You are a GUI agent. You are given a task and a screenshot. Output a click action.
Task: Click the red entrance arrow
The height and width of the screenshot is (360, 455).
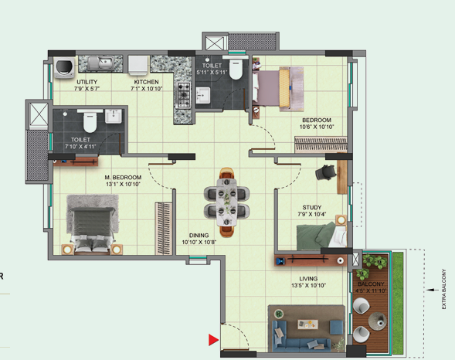[212, 340]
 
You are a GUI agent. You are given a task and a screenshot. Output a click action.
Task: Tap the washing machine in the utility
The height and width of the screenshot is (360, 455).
[64, 68]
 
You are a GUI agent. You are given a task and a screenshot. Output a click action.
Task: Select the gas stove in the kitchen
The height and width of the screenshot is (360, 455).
[184, 94]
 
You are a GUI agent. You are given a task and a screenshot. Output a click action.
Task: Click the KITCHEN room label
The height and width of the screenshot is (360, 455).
[146, 82]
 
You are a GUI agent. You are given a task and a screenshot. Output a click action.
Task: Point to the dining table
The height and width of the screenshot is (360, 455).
[226, 202]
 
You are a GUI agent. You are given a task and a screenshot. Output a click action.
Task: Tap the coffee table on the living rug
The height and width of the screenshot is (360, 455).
[307, 324]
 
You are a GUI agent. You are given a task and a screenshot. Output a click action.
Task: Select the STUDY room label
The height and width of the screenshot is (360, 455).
[312, 207]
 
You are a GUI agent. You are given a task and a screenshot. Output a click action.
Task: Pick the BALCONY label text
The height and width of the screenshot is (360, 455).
[371, 284]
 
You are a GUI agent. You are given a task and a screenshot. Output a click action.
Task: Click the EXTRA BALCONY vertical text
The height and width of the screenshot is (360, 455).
[443, 289]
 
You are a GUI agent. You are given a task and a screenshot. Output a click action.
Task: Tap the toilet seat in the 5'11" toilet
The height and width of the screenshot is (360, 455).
[236, 70]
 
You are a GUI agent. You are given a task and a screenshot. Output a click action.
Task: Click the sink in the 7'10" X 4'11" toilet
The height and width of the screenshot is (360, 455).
[113, 116]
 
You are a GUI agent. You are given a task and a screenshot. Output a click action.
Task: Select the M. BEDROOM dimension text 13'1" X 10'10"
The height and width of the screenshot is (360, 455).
[123, 184]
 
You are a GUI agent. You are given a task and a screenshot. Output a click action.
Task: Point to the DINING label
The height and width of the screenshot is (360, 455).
[199, 236]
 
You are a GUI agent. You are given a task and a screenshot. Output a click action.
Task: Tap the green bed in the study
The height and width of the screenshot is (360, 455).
[321, 236]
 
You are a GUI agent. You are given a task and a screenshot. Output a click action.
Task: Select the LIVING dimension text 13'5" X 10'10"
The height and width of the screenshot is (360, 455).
[308, 285]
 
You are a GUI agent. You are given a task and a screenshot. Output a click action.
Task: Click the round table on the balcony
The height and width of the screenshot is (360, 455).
[378, 321]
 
